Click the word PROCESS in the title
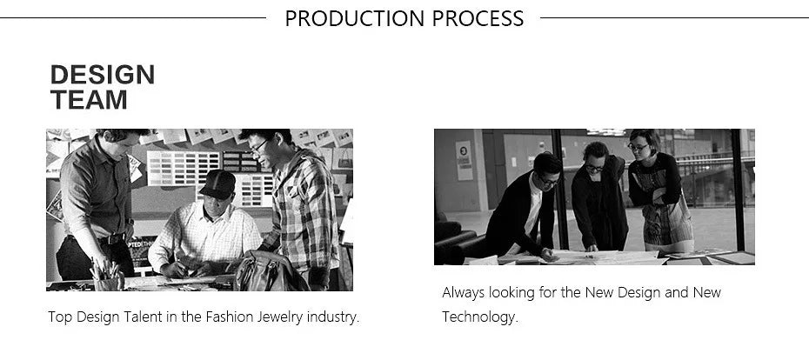pyautogui.click(x=478, y=18)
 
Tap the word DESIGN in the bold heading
pyautogui.click(x=103, y=75)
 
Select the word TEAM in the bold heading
pyautogui.click(x=89, y=99)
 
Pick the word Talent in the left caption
pyautogui.click(x=143, y=317)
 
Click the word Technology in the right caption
pyautogui.click(x=480, y=317)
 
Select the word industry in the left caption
pyautogui.click(x=333, y=317)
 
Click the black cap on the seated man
pyautogui.click(x=217, y=184)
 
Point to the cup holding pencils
pyautogui.click(x=107, y=283)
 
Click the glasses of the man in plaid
pyautogui.click(x=259, y=146)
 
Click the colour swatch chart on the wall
pyautogui.click(x=184, y=168)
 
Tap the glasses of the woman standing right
pyautogui.click(x=638, y=148)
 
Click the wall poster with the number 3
pyautogui.click(x=464, y=160)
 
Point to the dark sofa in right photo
pyautogui.click(x=455, y=240)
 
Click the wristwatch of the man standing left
pyautogui.click(x=130, y=222)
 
